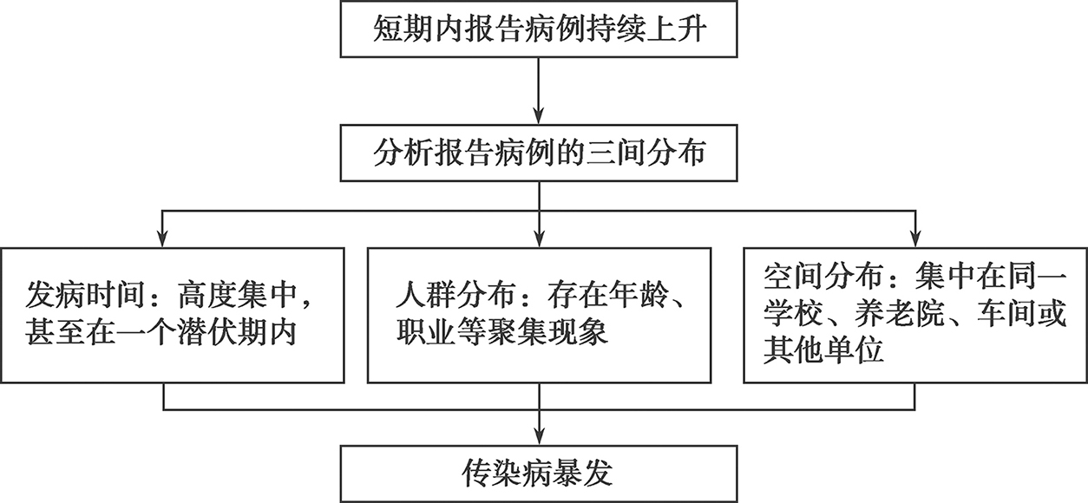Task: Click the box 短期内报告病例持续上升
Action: click(x=539, y=29)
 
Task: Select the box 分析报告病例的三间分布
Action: click(x=539, y=153)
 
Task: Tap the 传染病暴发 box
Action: click(x=539, y=474)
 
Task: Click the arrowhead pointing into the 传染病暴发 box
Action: click(x=539, y=436)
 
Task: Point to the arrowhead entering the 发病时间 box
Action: click(x=163, y=238)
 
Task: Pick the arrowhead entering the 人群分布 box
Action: click(x=539, y=238)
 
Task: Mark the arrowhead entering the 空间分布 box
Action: click(x=915, y=238)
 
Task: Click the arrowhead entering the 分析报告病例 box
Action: click(x=539, y=115)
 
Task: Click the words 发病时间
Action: click(x=85, y=295)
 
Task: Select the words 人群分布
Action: click(x=456, y=295)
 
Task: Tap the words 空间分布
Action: click(x=823, y=277)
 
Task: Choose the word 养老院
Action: click(x=899, y=314)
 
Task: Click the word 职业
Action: click(x=425, y=332)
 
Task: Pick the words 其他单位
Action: click(x=823, y=351)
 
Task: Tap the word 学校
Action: click(x=793, y=314)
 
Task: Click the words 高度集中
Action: click(x=237, y=295)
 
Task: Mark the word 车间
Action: click(x=1006, y=314)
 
